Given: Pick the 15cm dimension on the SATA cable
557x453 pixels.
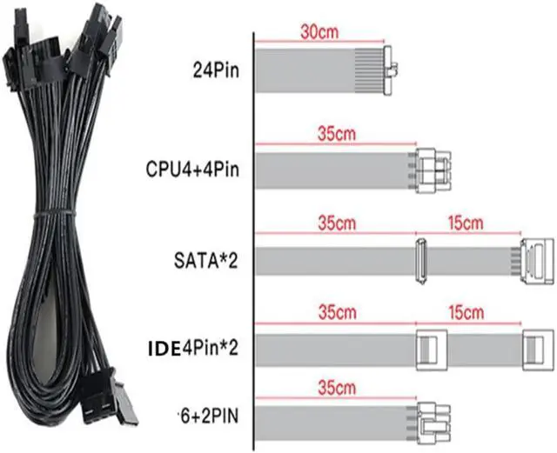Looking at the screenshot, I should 465,223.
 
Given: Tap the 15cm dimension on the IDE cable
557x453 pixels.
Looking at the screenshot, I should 465,311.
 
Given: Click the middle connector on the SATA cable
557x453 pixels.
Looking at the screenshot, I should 419,262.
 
